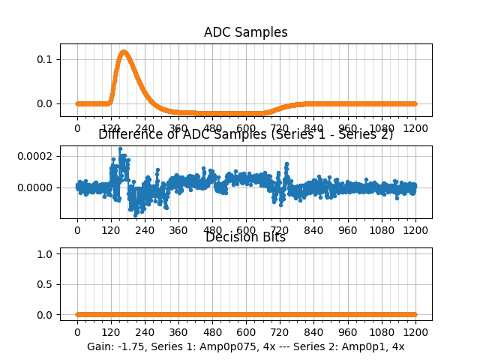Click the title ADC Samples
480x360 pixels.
[x=245, y=32]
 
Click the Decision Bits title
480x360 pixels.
[x=245, y=238]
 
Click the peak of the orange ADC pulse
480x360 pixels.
[x=123, y=52]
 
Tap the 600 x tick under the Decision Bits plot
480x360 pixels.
[x=246, y=331]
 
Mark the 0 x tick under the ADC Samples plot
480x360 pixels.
[x=76, y=128]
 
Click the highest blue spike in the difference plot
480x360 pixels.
[x=120, y=148]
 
